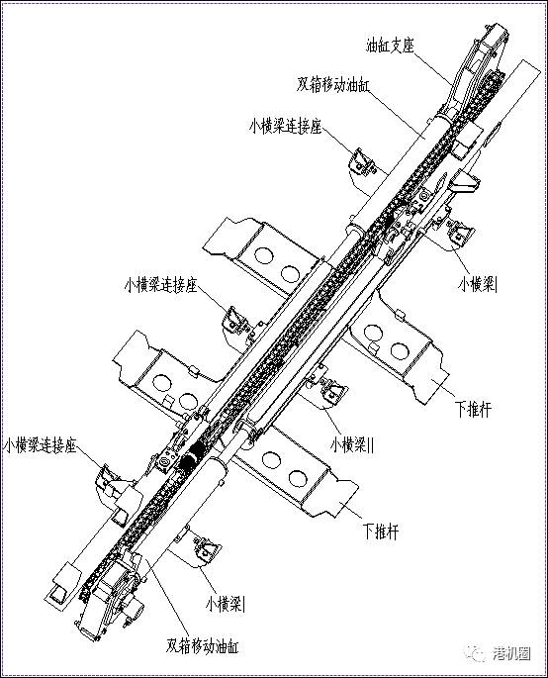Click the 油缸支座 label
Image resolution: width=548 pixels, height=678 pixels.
391,46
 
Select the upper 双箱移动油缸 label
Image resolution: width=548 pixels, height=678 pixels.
332,85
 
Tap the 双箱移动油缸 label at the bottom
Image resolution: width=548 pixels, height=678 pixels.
202,645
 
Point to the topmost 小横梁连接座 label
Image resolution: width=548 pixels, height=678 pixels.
286,127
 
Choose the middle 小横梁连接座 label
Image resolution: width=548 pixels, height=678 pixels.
161,285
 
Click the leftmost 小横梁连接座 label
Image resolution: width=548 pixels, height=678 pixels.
40,445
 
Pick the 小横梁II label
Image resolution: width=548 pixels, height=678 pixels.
352,444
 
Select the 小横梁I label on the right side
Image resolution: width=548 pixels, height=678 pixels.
478,284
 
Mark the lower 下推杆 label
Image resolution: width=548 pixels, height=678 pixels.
381,532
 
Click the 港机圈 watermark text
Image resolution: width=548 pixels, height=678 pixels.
511,653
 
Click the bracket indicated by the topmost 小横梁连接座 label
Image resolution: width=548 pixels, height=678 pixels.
362,162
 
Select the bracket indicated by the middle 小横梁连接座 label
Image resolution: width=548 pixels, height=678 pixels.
235,321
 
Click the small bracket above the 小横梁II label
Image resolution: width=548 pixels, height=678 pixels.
333,390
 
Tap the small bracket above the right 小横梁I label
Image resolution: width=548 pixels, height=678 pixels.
460,233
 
